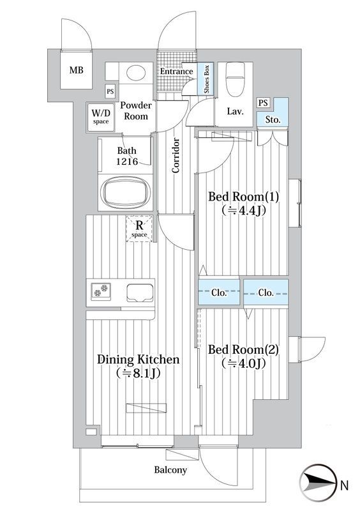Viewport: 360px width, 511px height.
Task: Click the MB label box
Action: [76, 70]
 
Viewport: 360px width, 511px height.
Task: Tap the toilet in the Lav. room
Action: [236, 79]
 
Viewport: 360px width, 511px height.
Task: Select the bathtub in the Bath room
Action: [126, 193]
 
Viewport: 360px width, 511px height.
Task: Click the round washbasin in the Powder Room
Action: [136, 73]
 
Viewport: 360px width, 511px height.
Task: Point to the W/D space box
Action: [101, 117]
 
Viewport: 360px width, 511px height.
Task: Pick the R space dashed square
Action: [139, 229]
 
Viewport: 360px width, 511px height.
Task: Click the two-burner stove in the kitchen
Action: [101, 291]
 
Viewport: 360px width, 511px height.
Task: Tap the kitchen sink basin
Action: [140, 293]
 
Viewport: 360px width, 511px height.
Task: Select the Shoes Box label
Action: [207, 79]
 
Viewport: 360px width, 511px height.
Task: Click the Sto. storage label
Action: [273, 120]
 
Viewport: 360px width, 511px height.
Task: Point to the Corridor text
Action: [176, 155]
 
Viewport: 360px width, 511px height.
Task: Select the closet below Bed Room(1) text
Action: [219, 293]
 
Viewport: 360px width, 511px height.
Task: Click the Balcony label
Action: [170, 469]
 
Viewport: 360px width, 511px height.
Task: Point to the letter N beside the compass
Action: [345, 485]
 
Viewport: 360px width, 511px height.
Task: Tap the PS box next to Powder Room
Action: [110, 91]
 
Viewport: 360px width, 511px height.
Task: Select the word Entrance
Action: [177, 72]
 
